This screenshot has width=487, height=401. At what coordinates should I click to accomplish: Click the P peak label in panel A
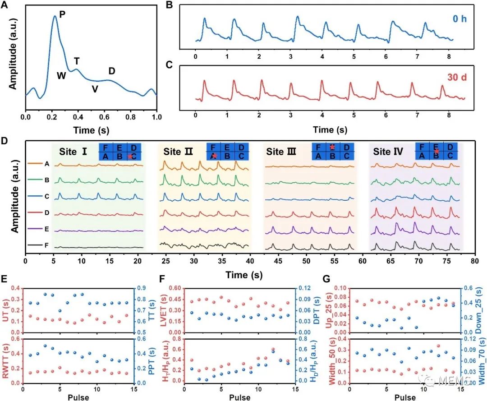62,15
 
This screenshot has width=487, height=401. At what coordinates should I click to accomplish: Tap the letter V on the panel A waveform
95,89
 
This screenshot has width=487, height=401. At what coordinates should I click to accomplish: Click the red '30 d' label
456,77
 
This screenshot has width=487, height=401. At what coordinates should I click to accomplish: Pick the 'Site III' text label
281,152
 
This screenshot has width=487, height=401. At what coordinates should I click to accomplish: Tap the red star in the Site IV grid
436,152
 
